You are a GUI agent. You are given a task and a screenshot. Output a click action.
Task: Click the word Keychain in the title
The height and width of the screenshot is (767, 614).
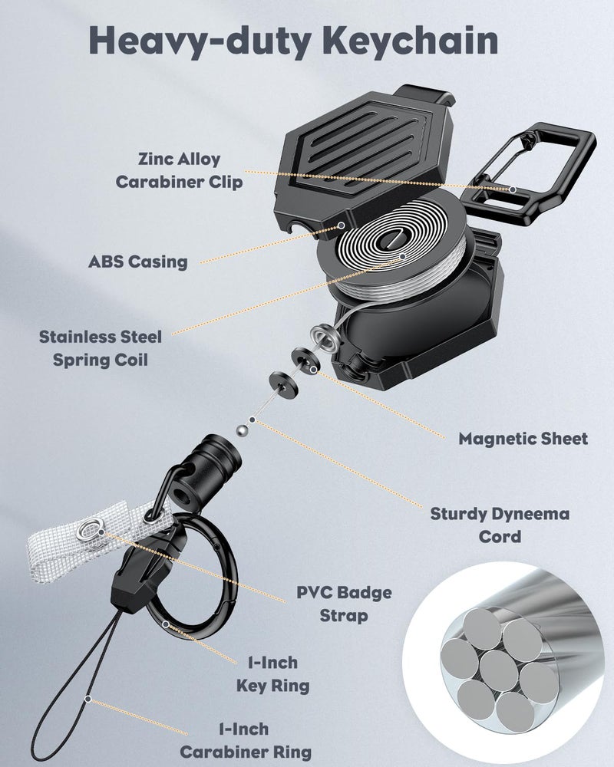tap(412, 41)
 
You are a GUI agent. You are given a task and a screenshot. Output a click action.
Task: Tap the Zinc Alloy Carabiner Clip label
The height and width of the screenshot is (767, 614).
tap(179, 170)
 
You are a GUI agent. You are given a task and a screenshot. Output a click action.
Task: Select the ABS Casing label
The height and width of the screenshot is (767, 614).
tap(138, 262)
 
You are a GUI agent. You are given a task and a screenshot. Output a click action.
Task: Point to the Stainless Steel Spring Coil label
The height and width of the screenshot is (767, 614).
tap(101, 348)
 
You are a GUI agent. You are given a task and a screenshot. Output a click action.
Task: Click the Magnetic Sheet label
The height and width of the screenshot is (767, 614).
tap(523, 439)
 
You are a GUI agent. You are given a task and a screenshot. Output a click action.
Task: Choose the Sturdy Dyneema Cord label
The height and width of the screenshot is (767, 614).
tap(500, 525)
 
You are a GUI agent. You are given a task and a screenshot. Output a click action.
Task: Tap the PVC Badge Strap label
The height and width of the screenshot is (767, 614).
tap(344, 604)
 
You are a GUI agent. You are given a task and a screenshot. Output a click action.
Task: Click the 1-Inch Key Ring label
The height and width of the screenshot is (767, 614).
tap(272, 674)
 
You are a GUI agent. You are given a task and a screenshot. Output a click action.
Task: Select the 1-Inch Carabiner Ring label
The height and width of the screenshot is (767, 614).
tap(246, 741)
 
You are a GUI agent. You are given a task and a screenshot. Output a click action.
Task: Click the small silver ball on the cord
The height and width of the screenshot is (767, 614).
tap(242, 431)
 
